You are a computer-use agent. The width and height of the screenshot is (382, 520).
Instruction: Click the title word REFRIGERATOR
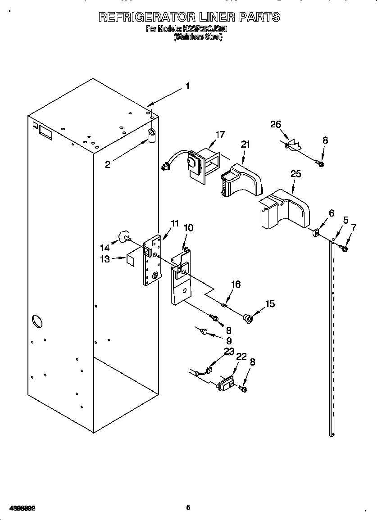point(146,17)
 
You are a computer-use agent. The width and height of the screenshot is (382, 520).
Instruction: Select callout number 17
point(220,134)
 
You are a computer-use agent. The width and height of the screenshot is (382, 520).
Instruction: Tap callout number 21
point(245,144)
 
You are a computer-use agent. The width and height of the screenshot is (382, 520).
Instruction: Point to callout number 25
point(296,174)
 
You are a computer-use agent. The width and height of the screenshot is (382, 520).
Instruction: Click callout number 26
point(276,124)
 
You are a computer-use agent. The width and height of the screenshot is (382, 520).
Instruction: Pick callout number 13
point(105,259)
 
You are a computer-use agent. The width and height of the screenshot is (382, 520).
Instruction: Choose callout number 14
point(105,247)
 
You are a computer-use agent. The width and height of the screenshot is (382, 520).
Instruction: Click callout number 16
point(236,284)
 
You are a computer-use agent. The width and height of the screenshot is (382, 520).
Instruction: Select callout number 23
point(229,351)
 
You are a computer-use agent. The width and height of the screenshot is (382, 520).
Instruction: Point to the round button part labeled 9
point(204,332)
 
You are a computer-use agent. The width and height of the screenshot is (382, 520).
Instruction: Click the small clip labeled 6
point(316,233)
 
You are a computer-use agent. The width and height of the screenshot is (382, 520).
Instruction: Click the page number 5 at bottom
point(188,507)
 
